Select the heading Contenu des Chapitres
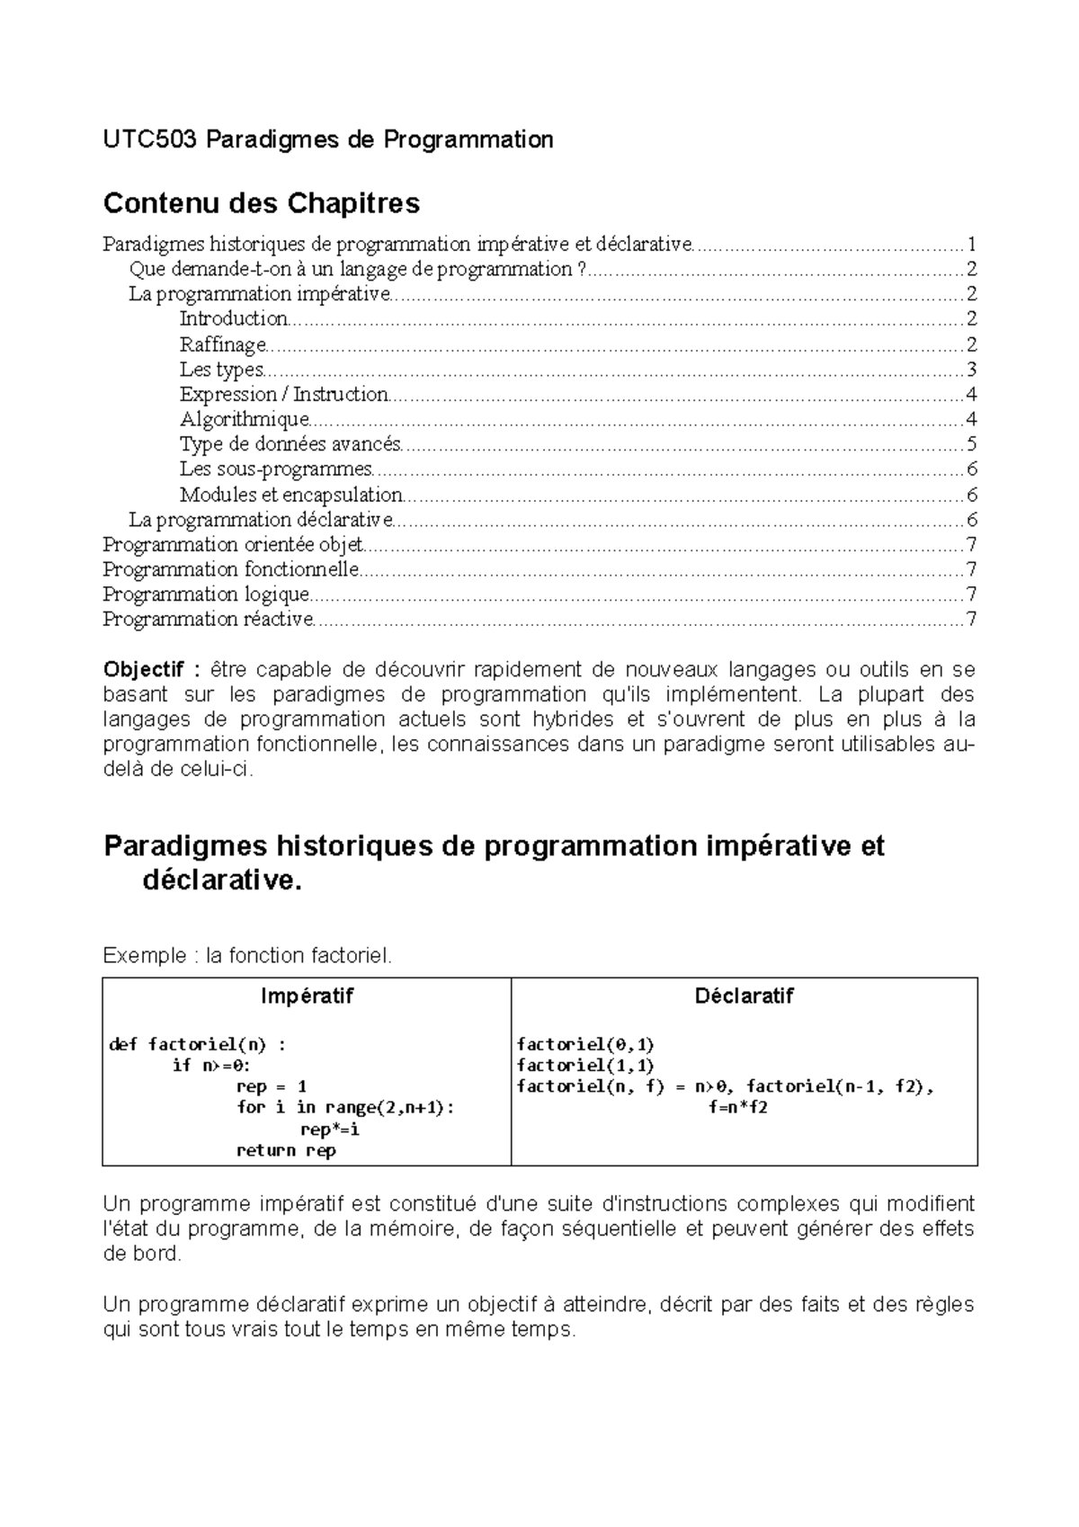262,203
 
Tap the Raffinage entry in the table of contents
223,344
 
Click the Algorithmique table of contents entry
244,419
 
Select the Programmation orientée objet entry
233,544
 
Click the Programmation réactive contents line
208,619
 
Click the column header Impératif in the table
307,996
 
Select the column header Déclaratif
744,996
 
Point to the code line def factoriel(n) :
197,1044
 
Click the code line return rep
286,1150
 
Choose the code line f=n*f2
738,1108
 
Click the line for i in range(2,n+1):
345,1108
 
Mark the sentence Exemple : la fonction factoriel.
248,955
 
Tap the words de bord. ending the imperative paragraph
142,1255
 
